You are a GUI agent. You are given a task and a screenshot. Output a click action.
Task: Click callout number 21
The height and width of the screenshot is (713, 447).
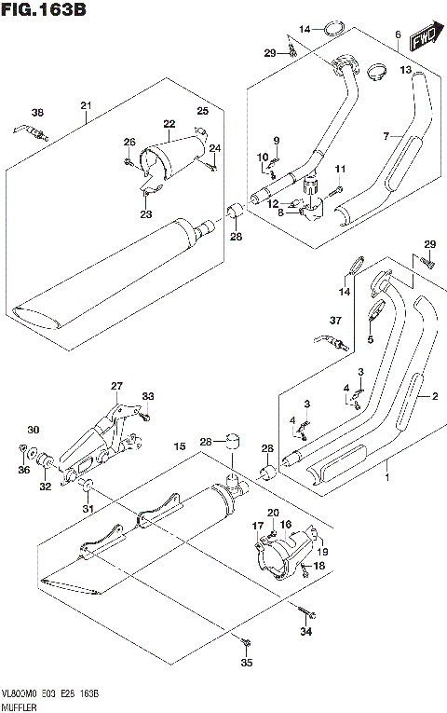[x=85, y=104]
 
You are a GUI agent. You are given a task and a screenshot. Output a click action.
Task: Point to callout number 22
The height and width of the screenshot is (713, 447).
[x=169, y=124]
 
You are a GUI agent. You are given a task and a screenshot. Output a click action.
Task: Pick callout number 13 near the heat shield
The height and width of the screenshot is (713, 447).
[x=405, y=70]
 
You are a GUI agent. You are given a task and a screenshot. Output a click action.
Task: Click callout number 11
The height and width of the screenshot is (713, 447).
[x=340, y=168]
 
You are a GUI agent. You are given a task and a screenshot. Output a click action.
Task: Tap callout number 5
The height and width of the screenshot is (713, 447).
[x=370, y=340]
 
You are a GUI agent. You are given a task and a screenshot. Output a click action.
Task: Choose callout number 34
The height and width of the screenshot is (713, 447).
[x=307, y=634]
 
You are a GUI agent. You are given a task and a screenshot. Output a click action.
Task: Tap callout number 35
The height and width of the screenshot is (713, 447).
[x=246, y=664]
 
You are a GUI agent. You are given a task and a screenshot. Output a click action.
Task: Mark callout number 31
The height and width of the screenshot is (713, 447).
[x=88, y=509]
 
